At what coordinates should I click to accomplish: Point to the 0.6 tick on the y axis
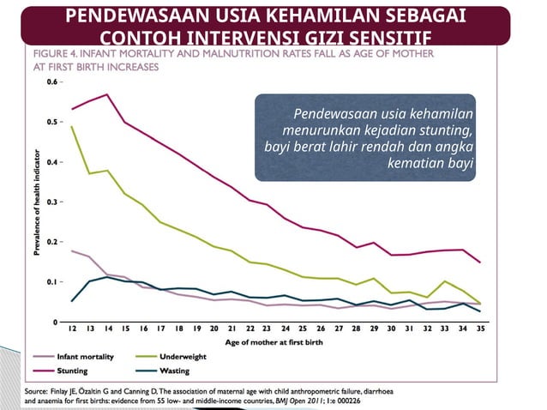point(51,82)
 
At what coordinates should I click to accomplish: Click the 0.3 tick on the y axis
point(51,202)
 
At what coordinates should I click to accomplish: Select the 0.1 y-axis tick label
point(51,281)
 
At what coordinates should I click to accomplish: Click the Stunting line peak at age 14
point(107,94)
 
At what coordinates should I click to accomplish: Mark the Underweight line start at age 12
point(71,127)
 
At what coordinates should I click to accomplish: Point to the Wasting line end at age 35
point(479,311)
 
